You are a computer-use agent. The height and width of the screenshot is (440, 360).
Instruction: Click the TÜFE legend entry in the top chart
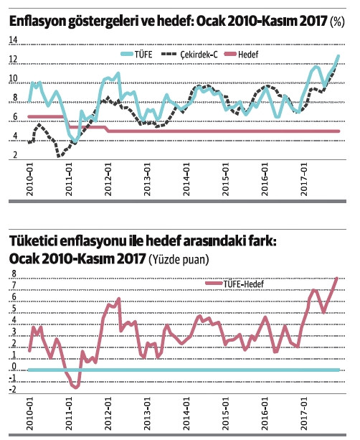[x=142, y=54]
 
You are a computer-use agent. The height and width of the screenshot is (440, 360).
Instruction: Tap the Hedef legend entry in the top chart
[x=247, y=54]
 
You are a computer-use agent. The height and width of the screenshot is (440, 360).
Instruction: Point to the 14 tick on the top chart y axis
[x=12, y=42]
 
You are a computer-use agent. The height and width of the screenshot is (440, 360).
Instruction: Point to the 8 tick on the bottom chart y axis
[x=13, y=273]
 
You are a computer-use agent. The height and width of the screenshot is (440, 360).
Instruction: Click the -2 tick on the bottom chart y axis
[x=11, y=390]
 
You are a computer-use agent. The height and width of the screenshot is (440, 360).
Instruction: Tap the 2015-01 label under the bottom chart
[x=227, y=416]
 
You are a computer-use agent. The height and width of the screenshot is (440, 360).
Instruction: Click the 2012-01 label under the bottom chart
[x=109, y=416]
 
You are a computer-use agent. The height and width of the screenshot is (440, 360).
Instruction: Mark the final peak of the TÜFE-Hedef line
[x=337, y=278]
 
